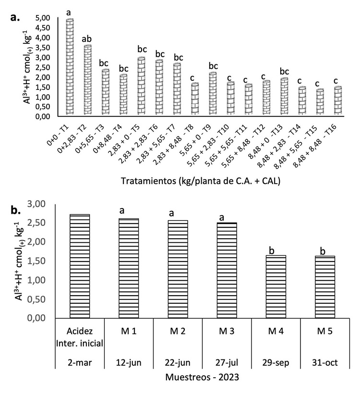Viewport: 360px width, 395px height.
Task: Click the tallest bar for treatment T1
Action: pos(70,67)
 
